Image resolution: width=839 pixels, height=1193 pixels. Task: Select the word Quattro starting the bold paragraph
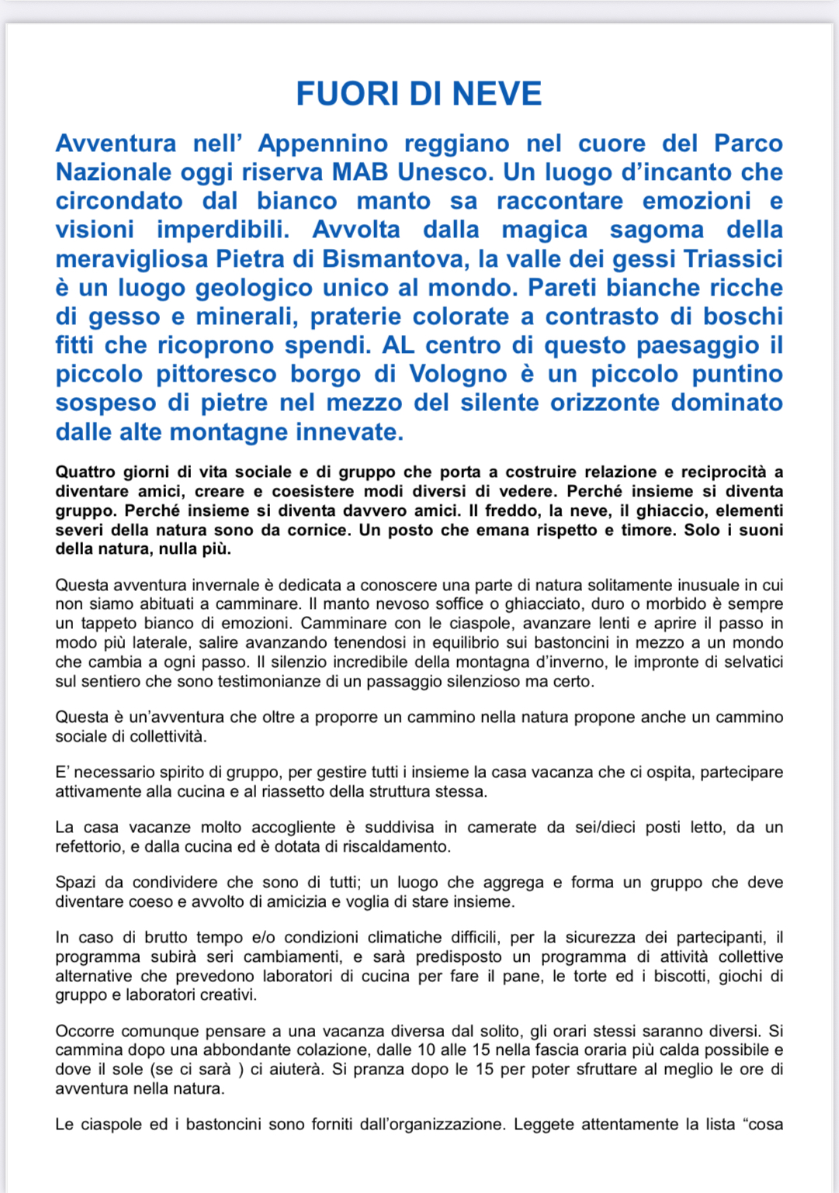coord(85,472)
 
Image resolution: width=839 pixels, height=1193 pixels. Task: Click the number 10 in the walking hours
coord(451,1050)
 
